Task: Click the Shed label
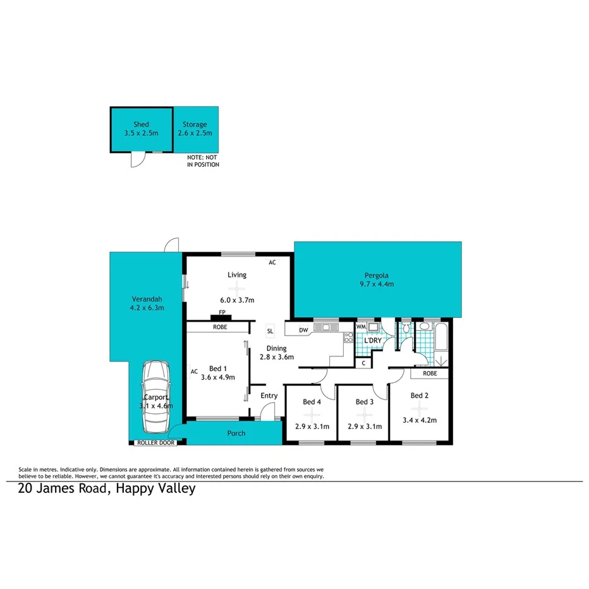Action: click(141, 124)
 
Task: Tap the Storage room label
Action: click(195, 124)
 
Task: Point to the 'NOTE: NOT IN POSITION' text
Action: click(203, 161)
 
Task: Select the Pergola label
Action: click(376, 275)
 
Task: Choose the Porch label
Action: click(236, 433)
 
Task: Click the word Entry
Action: click(269, 396)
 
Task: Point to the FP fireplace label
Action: click(222, 313)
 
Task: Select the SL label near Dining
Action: click(270, 331)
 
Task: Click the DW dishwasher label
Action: click(303, 329)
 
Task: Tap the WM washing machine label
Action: click(361, 327)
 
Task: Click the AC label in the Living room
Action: click(272, 262)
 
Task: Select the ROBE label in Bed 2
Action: click(430, 373)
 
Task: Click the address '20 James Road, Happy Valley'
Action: click(106, 489)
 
